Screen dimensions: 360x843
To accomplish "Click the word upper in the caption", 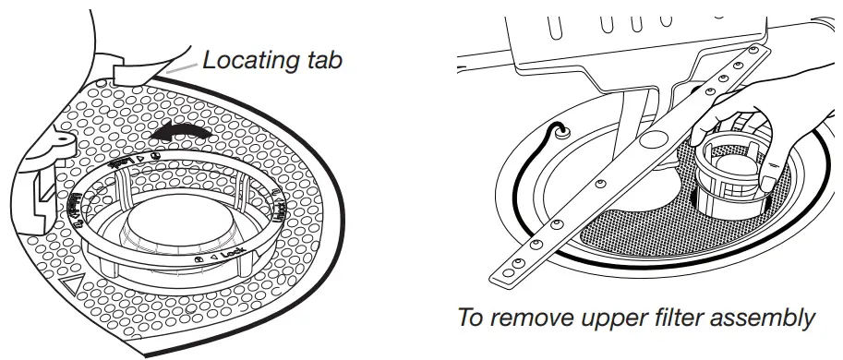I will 620,318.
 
